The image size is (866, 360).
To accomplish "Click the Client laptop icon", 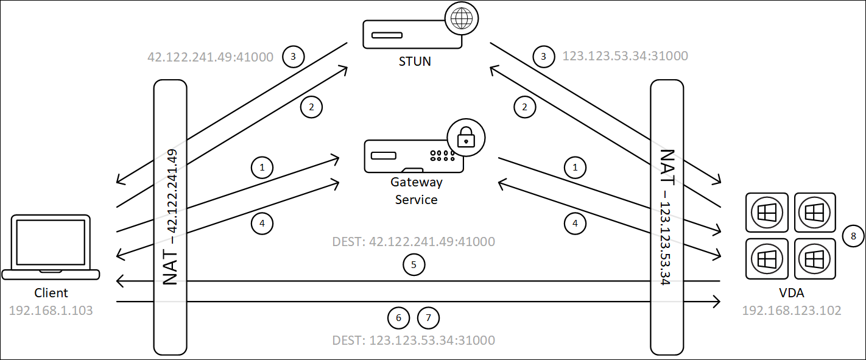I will tap(51, 247).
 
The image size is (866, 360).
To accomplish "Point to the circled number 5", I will tap(414, 264).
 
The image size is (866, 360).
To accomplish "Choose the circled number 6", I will tap(398, 317).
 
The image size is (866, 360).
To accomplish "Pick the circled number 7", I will tap(428, 317).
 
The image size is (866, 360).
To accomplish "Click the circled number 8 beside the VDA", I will tap(853, 236).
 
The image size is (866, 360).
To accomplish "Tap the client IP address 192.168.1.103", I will tap(51, 311).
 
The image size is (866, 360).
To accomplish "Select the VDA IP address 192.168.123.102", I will tap(791, 311).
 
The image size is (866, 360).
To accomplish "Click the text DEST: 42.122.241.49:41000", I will tap(414, 242).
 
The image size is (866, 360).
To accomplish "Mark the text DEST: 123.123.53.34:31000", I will tap(414, 340).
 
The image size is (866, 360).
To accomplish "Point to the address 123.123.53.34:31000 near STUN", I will tap(625, 57).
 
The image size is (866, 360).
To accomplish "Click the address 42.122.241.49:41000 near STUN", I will tap(210, 57).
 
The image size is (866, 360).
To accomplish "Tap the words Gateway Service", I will tap(417, 191).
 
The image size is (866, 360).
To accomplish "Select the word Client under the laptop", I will tap(51, 293).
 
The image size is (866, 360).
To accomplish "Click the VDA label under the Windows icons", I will tap(792, 293).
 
